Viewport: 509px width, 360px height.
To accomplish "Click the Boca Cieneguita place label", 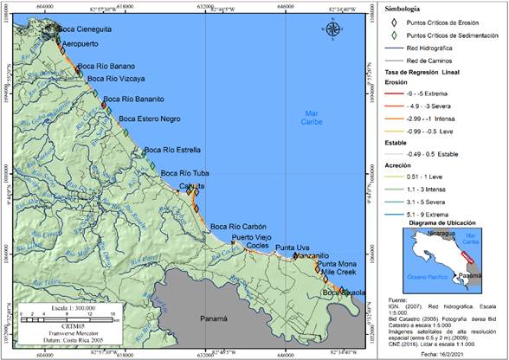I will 85,29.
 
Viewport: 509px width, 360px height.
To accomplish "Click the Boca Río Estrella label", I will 172,150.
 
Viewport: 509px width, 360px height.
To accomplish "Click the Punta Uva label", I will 293,248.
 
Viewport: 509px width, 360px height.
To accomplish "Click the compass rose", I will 334,30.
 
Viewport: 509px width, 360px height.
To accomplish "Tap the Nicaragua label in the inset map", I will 425,232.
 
